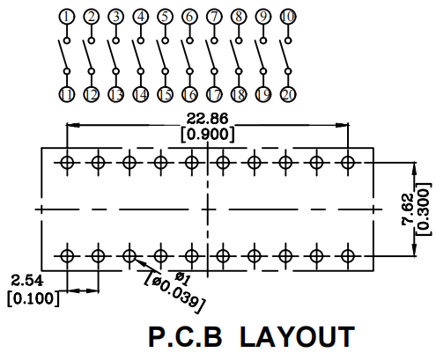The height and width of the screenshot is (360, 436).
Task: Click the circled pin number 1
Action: [67, 17]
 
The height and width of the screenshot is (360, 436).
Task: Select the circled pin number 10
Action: [288, 17]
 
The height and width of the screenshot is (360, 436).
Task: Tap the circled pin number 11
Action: [67, 94]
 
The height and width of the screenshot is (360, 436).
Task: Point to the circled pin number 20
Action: [288, 94]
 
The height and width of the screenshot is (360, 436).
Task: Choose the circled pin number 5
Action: [166, 17]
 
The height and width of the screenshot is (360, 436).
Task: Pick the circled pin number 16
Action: [189, 94]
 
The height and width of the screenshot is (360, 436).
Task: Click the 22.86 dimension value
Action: [207, 119]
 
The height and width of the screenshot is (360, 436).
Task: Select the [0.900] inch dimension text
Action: [208, 135]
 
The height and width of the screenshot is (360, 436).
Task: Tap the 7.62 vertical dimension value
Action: [408, 209]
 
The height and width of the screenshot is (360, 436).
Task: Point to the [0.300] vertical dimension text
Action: [424, 209]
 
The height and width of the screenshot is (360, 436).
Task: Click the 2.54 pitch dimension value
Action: [27, 281]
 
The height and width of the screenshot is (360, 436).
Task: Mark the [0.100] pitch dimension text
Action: [33, 298]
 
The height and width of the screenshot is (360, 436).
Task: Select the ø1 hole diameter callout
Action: [182, 278]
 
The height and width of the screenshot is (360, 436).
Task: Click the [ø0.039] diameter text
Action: [174, 292]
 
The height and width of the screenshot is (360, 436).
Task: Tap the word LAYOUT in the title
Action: [297, 337]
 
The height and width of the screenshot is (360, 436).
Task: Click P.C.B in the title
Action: [185, 337]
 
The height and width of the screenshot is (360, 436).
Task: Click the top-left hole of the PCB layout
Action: [67, 162]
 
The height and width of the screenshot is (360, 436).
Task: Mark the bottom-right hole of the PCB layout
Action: [348, 256]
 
